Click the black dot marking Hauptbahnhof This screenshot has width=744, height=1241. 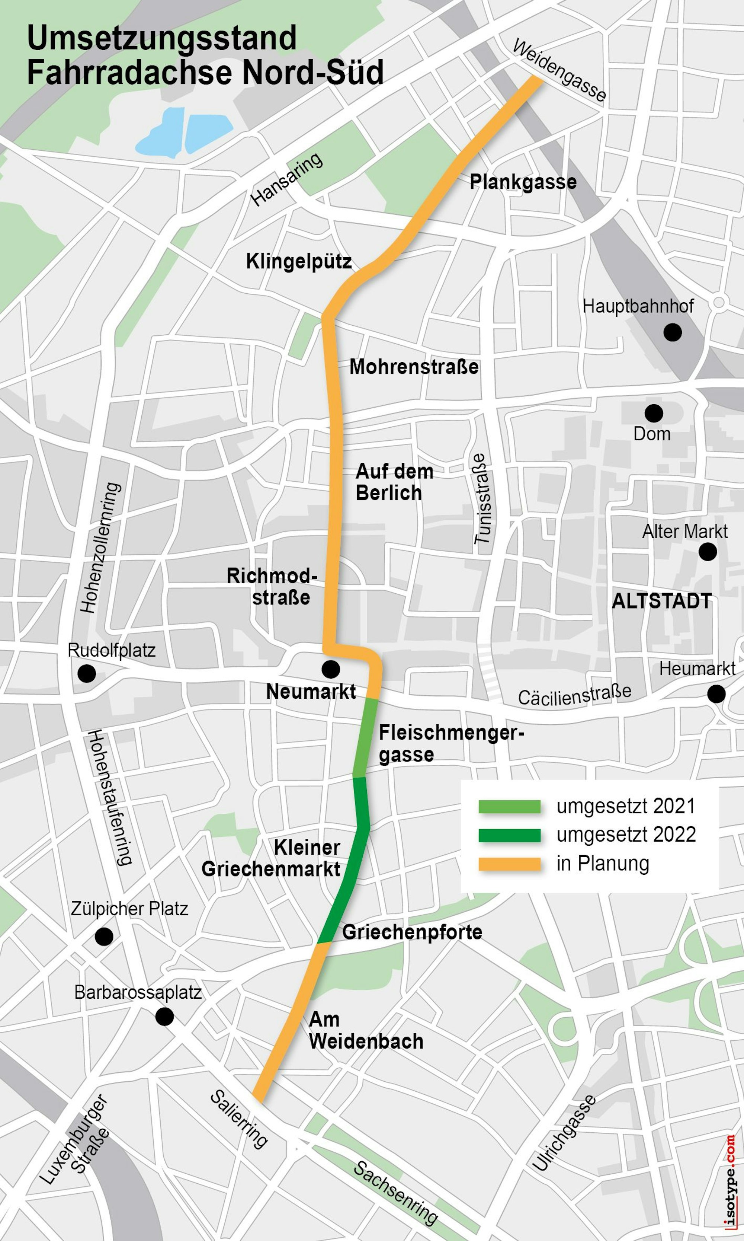click(x=672, y=332)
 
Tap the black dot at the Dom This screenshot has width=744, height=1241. click(x=653, y=413)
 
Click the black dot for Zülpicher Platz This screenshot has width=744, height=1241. click(x=104, y=937)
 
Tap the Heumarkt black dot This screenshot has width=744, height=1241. click(x=716, y=694)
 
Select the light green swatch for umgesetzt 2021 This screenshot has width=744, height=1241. click(x=509, y=807)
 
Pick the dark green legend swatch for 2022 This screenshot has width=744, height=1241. click(x=509, y=835)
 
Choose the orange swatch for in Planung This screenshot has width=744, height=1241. click(x=509, y=864)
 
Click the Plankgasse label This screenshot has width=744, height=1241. click(x=523, y=182)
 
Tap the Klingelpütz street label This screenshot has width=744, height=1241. click(x=299, y=262)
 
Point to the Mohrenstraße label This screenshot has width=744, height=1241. click(x=414, y=367)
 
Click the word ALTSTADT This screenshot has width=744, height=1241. click(x=662, y=601)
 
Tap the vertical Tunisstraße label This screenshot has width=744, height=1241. click(x=482, y=499)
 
